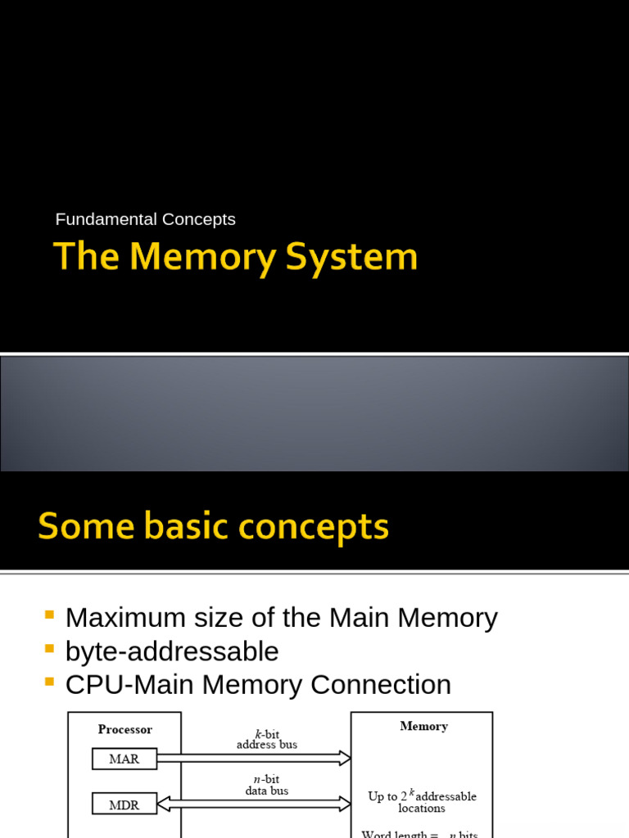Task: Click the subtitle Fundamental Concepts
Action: (x=145, y=219)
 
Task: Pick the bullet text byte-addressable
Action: (x=172, y=651)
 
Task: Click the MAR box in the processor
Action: (x=124, y=759)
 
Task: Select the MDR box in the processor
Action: (x=124, y=804)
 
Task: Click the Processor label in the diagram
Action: (x=124, y=729)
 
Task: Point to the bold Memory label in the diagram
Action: (x=423, y=726)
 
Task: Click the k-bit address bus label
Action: (x=267, y=739)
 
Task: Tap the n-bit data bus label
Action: (x=267, y=786)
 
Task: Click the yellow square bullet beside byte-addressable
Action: (x=49, y=648)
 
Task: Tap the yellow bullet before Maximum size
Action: (x=49, y=614)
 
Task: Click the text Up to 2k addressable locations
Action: (x=422, y=802)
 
